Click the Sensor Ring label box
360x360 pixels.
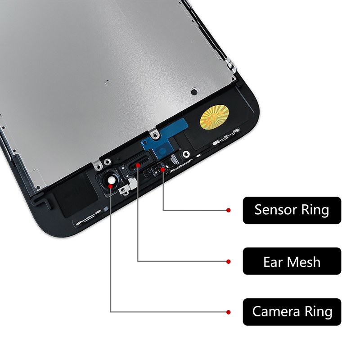pos(292,210)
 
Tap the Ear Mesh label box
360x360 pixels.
pos(292,261)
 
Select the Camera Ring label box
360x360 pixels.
pos(292,311)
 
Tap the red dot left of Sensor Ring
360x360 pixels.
pos(229,210)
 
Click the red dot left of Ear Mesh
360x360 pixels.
pos(229,261)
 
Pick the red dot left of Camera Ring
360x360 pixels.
pos(229,311)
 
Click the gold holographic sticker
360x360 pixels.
pos(213,119)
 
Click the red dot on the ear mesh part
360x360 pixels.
pos(137,166)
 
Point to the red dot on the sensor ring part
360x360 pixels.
pos(162,170)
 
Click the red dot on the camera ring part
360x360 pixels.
pos(111,184)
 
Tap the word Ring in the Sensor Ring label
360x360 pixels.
pos(315,210)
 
